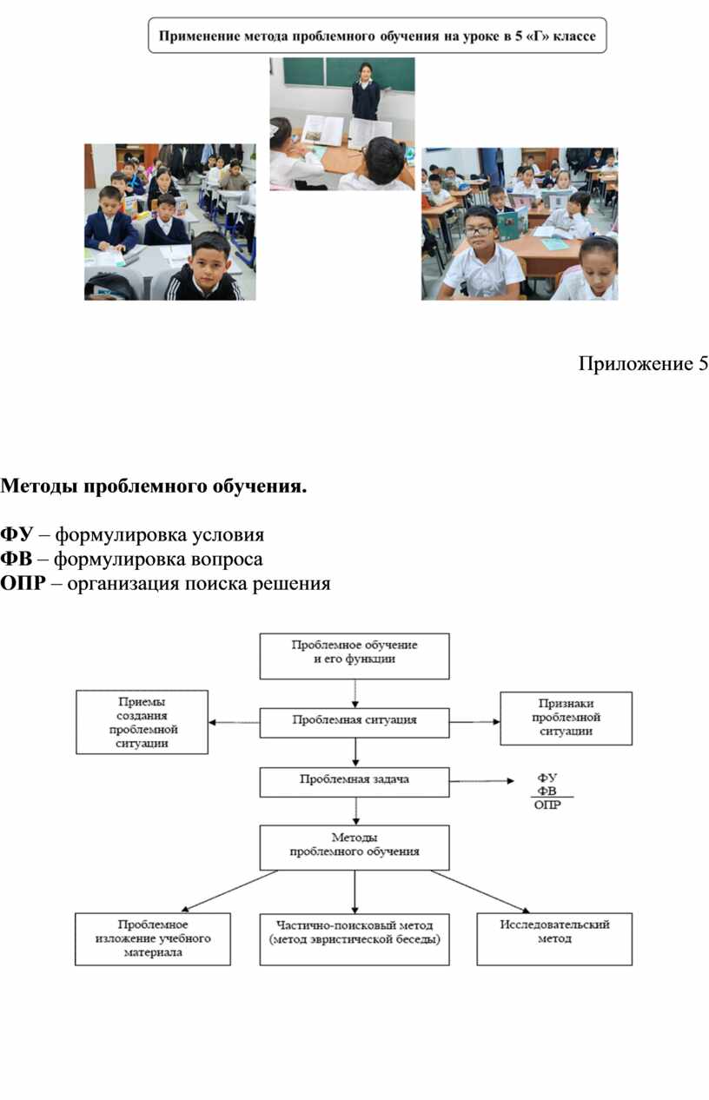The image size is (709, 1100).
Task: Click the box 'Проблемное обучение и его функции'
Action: tap(354, 656)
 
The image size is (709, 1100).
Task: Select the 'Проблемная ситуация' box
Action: tap(354, 722)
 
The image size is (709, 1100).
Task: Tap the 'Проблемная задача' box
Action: tap(354, 782)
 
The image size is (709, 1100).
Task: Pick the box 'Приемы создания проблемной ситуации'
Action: tap(142, 722)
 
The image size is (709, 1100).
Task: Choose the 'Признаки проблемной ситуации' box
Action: tap(567, 719)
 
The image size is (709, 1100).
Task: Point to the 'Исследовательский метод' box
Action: tap(554, 939)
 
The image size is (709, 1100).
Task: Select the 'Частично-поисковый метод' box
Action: tap(354, 939)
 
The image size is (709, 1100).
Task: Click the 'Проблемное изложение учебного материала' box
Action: tap(153, 939)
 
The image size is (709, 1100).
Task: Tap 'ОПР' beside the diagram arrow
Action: tap(547, 805)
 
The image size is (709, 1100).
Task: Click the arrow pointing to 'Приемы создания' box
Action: tap(234, 722)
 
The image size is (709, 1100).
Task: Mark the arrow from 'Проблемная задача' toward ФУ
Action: tap(481, 781)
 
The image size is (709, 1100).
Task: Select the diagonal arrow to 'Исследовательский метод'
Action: tap(480, 891)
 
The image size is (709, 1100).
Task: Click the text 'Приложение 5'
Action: tap(643, 363)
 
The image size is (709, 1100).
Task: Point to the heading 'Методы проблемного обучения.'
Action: tap(153, 486)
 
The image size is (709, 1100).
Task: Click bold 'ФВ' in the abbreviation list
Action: tap(16, 559)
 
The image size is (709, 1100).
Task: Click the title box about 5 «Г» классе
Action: tap(377, 36)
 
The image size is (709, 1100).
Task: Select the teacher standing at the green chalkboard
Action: tap(365, 91)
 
